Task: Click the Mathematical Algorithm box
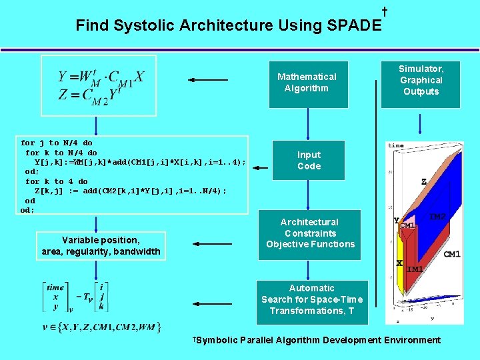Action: click(x=307, y=83)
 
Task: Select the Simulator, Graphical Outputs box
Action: click(x=421, y=81)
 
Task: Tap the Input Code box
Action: click(x=308, y=161)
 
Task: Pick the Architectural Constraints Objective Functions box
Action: click(x=310, y=233)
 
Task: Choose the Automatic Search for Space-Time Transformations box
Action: click(x=311, y=299)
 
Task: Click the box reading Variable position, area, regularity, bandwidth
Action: click(x=101, y=245)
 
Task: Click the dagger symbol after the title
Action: click(x=385, y=12)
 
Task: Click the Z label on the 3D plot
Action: click(x=424, y=181)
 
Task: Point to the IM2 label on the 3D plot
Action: click(x=438, y=217)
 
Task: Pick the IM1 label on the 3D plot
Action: click(x=414, y=269)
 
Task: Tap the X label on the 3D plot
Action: click(x=399, y=263)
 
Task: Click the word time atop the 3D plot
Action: click(x=396, y=145)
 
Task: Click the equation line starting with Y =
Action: click(x=101, y=77)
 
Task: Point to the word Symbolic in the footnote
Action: click(x=216, y=340)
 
